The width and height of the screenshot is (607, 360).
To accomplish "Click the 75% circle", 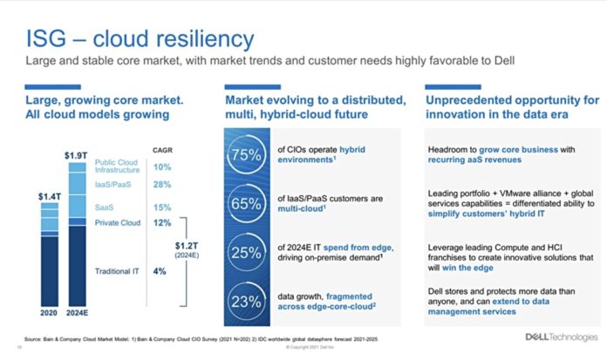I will [245, 155].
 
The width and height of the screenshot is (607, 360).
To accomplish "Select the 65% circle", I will [245, 204].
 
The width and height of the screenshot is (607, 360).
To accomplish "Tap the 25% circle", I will [245, 253].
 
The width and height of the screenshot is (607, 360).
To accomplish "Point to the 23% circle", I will [245, 301].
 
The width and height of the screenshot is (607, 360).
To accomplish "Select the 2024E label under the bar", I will [76, 312].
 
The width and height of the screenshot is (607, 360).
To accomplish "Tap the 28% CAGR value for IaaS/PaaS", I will [162, 186].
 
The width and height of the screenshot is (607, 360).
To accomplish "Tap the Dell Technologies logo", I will [557, 336].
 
